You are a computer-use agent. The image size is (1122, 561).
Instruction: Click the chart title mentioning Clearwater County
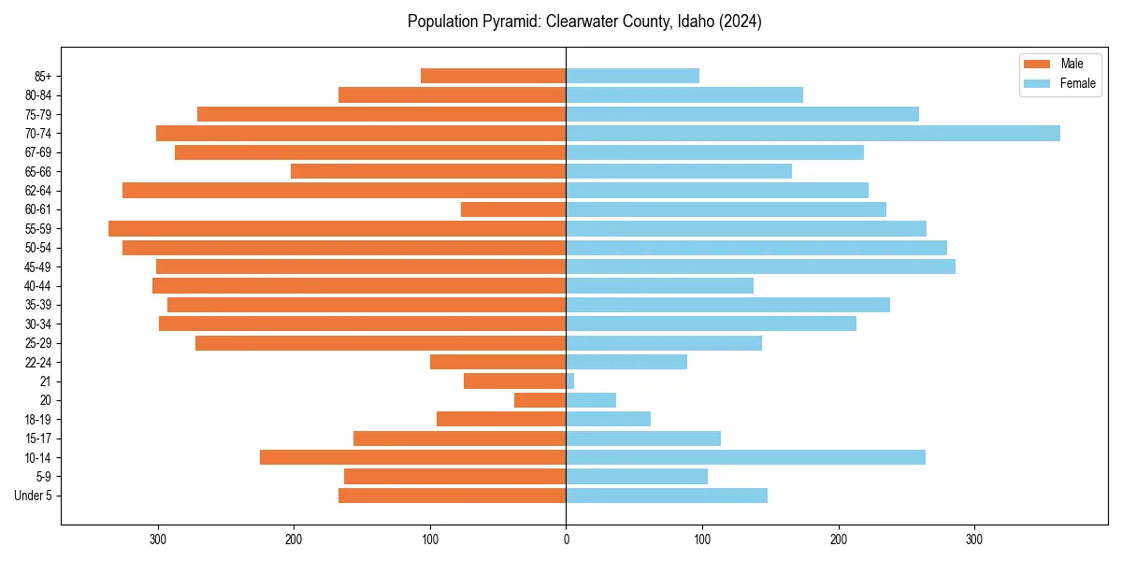tap(584, 22)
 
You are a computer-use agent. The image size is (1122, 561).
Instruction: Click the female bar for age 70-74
tap(813, 134)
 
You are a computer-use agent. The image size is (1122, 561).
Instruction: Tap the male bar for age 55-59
tap(338, 229)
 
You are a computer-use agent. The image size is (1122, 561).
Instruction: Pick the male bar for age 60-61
tap(513, 209)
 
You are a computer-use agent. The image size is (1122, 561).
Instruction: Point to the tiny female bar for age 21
tap(570, 381)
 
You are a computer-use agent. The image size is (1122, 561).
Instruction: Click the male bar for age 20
tap(540, 400)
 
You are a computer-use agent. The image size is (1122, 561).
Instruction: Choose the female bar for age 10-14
tap(745, 457)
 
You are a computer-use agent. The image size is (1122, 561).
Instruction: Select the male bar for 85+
tap(494, 76)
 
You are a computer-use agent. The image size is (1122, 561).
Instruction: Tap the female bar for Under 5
tap(667, 496)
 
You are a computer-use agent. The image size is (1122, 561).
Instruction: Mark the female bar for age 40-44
tap(659, 286)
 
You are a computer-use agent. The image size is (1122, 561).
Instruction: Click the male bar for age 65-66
tap(428, 171)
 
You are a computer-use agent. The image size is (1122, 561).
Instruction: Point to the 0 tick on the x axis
tap(566, 539)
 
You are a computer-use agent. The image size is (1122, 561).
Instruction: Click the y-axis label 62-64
tap(37, 191)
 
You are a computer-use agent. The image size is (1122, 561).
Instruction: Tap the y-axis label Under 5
tap(33, 496)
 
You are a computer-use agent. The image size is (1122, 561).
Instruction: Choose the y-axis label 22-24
tap(37, 362)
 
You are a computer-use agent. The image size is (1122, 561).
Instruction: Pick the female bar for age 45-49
tap(760, 266)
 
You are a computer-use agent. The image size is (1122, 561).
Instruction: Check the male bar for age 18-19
tap(501, 419)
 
